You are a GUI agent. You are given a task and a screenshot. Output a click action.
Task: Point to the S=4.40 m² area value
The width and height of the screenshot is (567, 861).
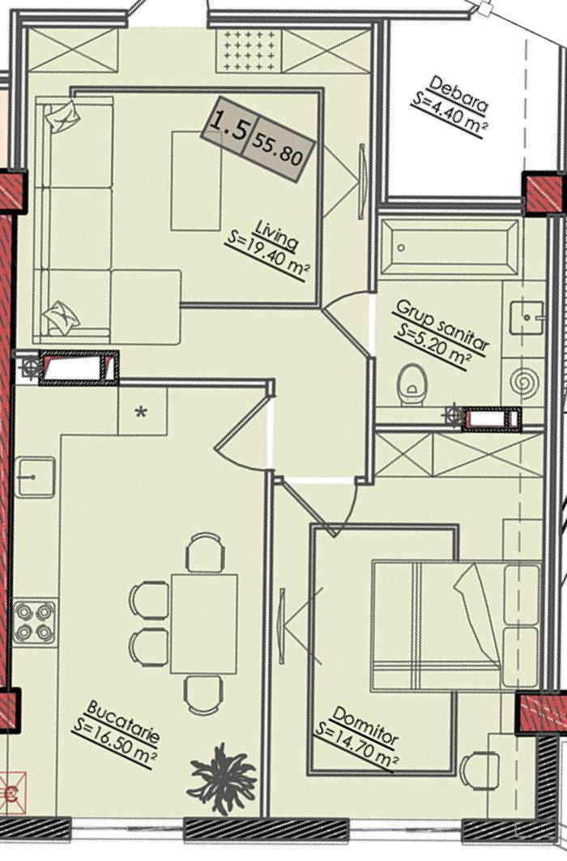[449, 115]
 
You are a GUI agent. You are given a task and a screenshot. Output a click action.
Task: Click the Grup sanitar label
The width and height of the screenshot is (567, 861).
[441, 325]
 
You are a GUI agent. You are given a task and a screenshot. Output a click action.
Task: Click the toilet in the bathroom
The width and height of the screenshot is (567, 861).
[412, 384]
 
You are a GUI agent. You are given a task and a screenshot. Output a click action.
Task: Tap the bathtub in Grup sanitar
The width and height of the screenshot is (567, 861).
[450, 247]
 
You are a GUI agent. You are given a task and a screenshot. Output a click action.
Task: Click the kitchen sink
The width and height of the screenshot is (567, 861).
[35, 477]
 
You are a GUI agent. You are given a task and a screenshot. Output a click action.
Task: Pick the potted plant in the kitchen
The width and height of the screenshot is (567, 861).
[222, 778]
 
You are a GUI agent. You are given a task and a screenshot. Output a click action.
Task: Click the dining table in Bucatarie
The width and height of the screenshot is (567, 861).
[204, 623]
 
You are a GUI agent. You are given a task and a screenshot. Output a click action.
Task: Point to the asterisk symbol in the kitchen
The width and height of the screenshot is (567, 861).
[142, 411]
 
